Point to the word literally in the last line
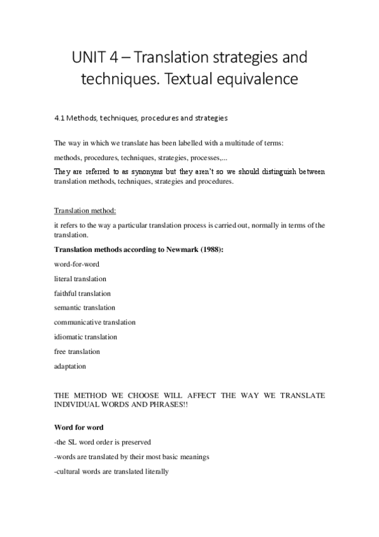point(154,471)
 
